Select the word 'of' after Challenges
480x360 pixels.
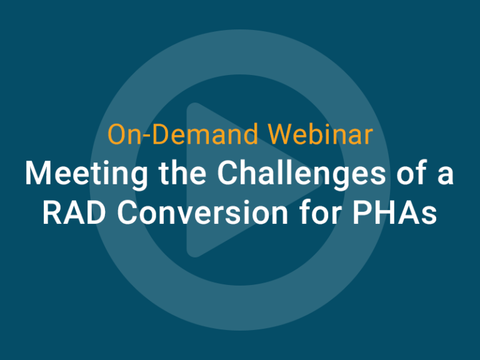point(408,174)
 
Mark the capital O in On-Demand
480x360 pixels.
point(117,134)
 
